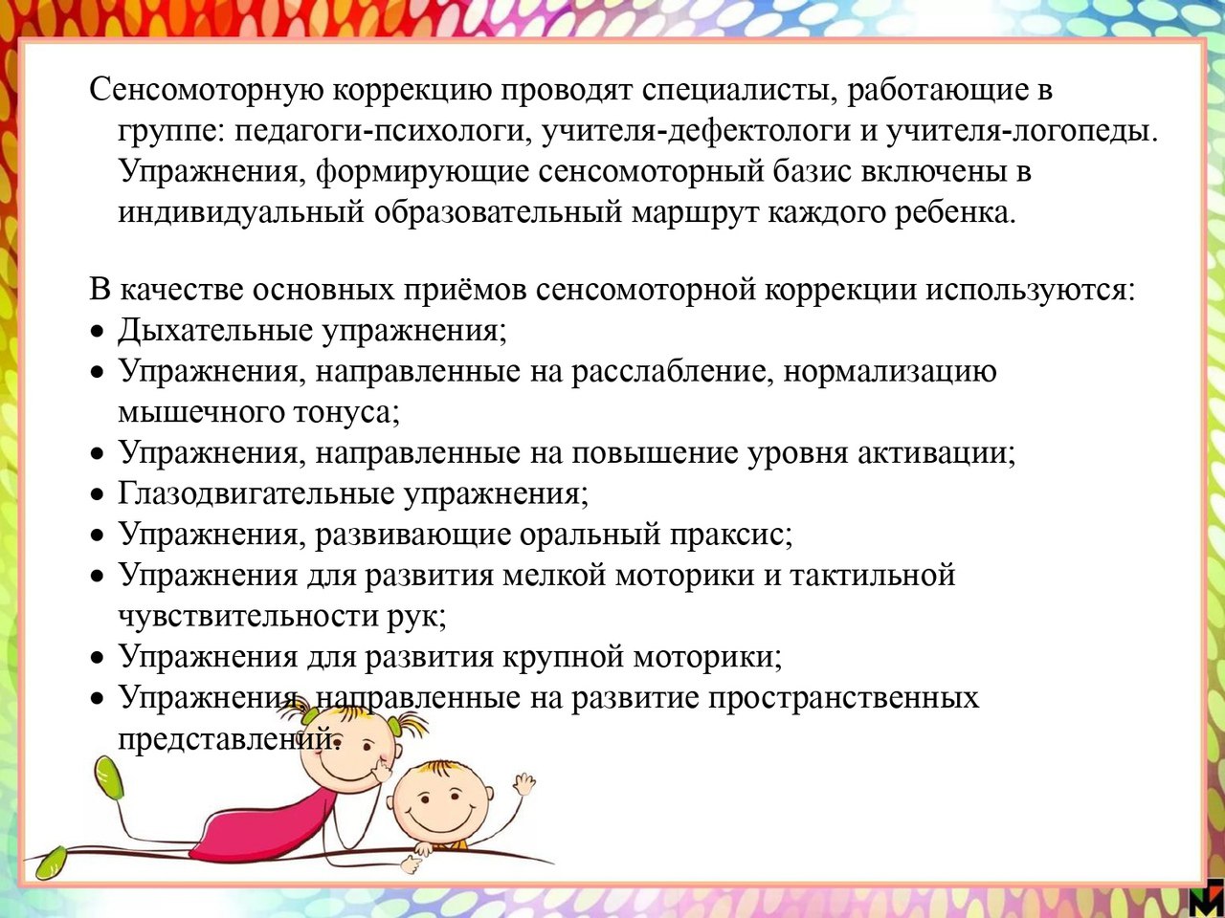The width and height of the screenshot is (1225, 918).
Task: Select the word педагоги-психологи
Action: [381, 132]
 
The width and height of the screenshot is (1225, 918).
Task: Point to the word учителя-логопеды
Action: [1021, 132]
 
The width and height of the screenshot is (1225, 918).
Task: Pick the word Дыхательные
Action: [215, 331]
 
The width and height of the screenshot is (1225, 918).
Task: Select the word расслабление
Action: [672, 371]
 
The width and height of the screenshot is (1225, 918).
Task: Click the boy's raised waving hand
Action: [524, 784]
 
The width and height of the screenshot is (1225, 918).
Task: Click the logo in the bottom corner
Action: [1210, 900]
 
